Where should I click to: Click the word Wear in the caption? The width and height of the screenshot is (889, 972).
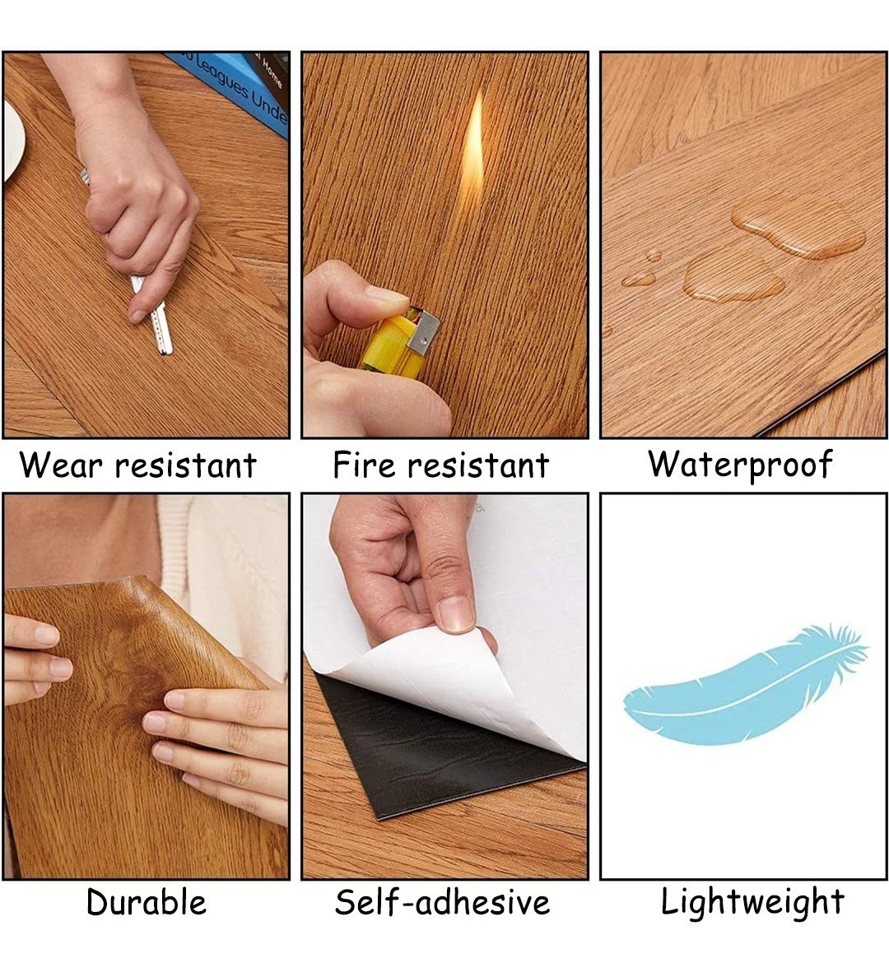pos(61,465)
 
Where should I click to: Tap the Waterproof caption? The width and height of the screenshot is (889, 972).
pos(740,465)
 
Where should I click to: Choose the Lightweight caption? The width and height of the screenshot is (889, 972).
pos(752,902)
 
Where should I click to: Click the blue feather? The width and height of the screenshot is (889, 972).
pos(744,686)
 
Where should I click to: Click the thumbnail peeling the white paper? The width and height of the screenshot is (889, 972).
pos(456,613)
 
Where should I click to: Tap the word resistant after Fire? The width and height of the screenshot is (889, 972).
pos(477,465)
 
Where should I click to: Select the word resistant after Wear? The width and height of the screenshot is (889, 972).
pos(185,465)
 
